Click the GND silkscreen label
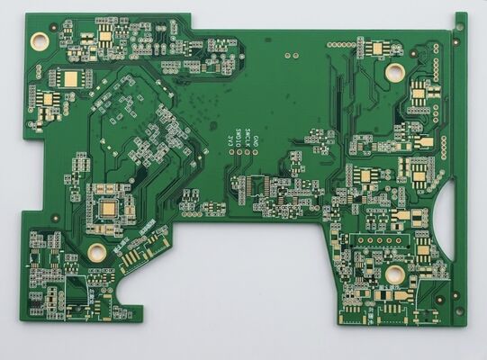256,141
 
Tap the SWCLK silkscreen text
247,139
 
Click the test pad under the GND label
256,152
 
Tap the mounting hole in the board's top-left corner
40,40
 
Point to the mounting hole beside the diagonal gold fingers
96,251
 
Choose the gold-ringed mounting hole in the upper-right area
394,71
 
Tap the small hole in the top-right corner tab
459,27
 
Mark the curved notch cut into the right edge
446,211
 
